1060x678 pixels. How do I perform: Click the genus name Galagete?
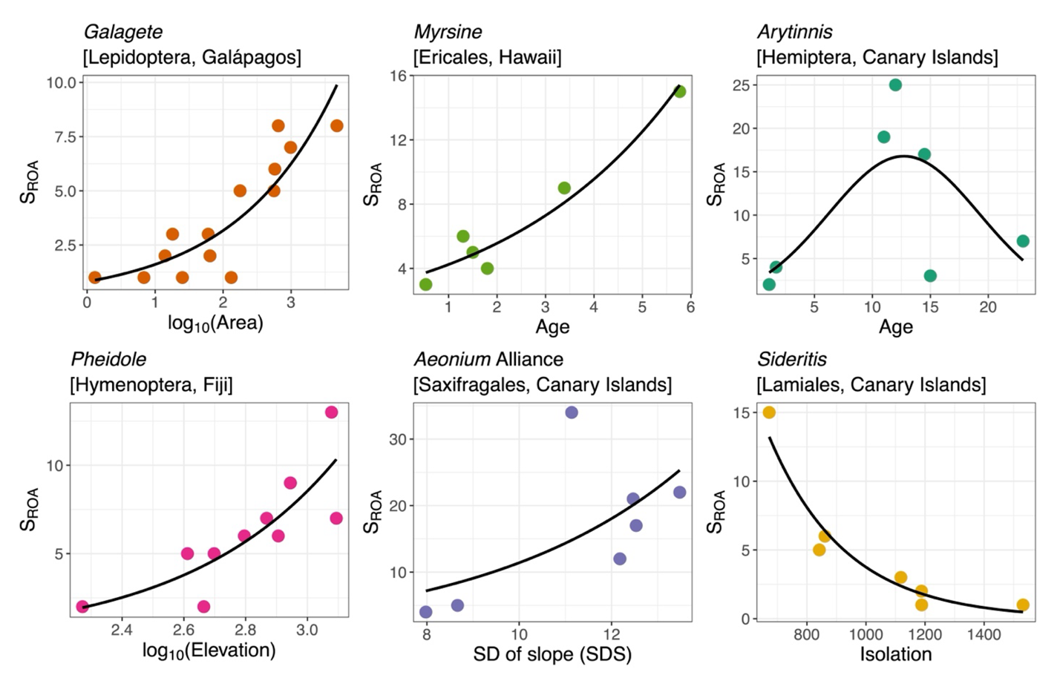point(122,32)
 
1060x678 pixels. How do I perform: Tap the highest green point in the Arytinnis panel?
point(895,85)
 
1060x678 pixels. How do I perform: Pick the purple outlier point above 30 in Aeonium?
point(571,412)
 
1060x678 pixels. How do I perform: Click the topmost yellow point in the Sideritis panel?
point(769,412)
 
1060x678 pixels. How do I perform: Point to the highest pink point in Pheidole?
point(331,412)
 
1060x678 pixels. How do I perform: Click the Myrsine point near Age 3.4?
point(564,188)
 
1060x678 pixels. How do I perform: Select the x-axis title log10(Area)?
point(215,323)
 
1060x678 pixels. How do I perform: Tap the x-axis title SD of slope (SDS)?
point(552,654)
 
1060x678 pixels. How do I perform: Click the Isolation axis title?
point(895,654)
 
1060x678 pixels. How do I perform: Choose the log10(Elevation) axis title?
point(209,651)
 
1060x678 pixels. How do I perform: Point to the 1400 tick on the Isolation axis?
point(984,635)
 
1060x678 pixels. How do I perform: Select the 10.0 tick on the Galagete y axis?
point(62,82)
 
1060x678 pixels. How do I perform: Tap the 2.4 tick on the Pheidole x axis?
point(122,631)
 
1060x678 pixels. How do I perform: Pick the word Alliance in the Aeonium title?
point(529,360)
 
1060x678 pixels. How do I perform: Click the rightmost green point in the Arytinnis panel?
point(1022,241)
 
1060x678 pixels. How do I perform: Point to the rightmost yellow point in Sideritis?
point(1022,605)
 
